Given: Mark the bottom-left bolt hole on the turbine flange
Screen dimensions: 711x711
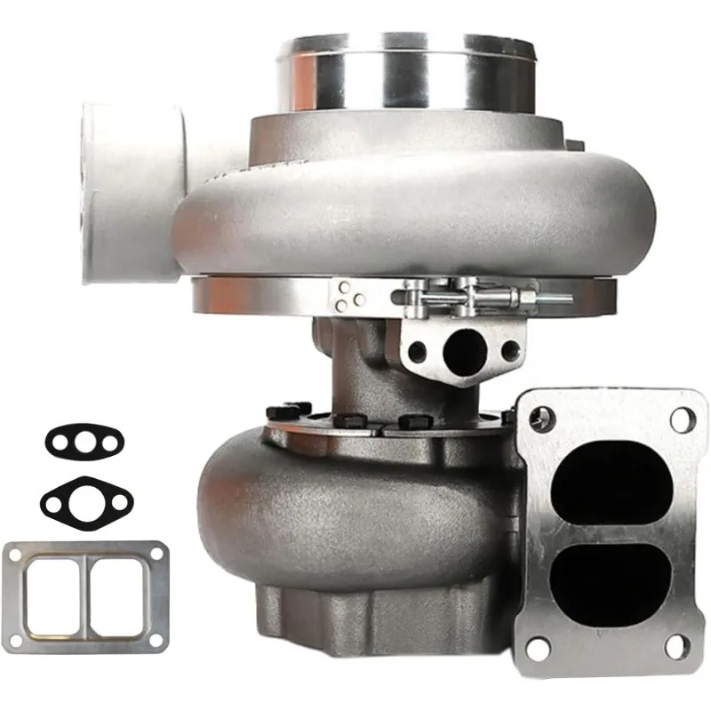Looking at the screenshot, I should click(x=537, y=648).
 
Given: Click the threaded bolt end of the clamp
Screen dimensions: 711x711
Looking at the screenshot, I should click(x=555, y=299).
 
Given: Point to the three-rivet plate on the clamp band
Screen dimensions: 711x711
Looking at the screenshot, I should click(x=351, y=295).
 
